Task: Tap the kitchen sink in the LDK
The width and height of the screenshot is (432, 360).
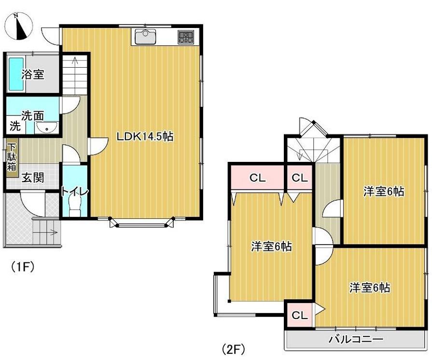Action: pos(143,36)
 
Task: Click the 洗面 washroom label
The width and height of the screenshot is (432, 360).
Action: pos(33,115)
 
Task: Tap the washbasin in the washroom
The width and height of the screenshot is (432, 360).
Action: pos(47,128)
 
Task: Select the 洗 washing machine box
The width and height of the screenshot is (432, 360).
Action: pos(15,127)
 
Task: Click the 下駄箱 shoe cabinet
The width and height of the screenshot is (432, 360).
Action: pos(11,156)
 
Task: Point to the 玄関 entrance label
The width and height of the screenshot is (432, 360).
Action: pos(32,178)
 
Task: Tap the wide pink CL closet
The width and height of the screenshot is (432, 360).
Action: pos(257,178)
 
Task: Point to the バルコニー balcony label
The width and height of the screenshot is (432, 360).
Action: pos(356,340)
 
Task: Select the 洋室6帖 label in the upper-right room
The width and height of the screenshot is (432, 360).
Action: pos(384,192)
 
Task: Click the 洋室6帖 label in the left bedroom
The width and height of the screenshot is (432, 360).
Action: pos(271,246)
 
